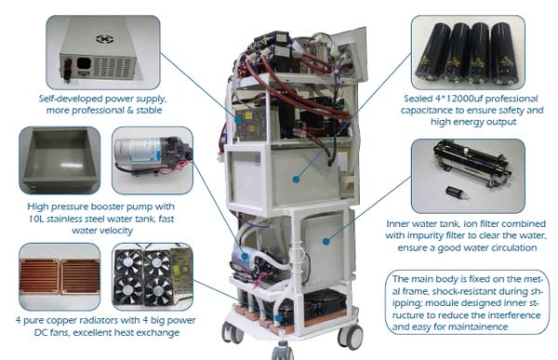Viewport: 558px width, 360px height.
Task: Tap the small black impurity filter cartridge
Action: [x=453, y=193]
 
